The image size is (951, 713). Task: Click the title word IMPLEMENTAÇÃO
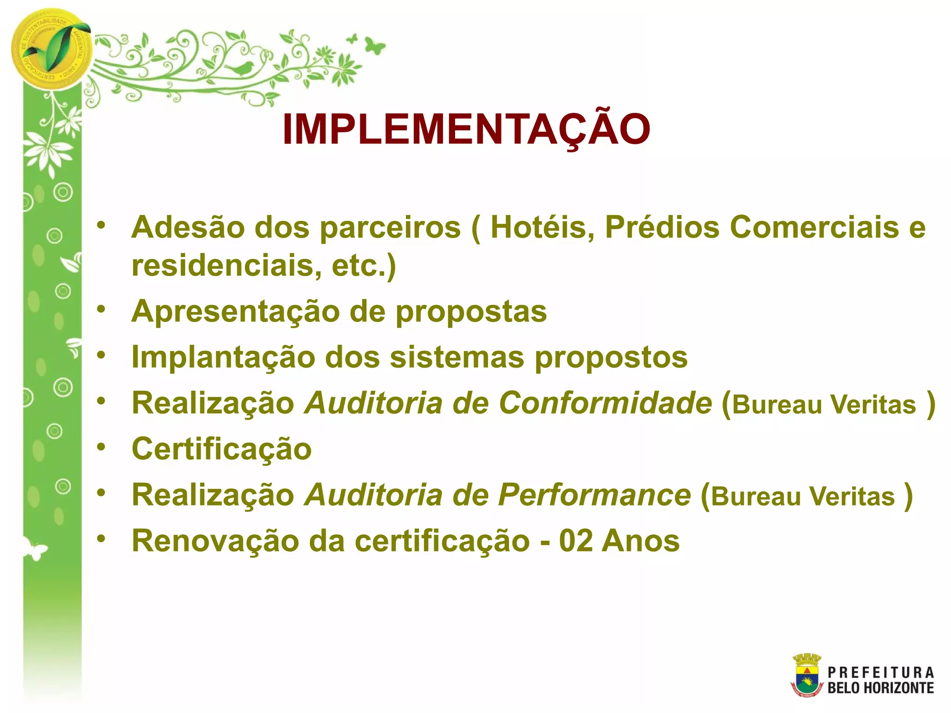click(x=466, y=130)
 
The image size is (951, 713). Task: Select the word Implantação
click(x=223, y=357)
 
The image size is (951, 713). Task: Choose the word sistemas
click(x=457, y=357)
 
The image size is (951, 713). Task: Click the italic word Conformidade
click(x=605, y=402)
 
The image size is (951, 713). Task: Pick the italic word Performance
click(x=594, y=495)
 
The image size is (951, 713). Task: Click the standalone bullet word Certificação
click(x=221, y=449)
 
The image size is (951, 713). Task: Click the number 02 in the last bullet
click(x=576, y=541)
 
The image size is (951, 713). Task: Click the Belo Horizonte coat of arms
click(x=807, y=675)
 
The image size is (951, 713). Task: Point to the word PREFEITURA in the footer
click(x=880, y=673)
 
